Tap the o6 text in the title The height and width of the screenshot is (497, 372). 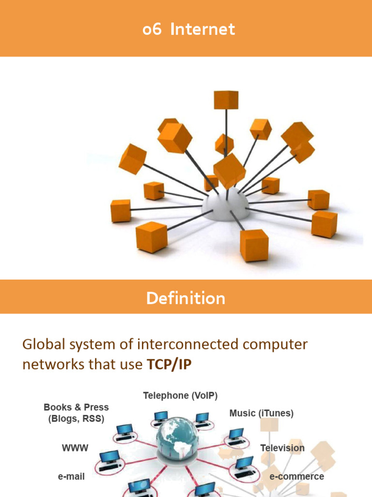pyautogui.click(x=152, y=30)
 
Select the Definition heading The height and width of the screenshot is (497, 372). pyautogui.click(x=186, y=298)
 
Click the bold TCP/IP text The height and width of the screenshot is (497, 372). pyautogui.click(x=169, y=364)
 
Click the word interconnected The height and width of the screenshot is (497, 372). pyautogui.click(x=186, y=345)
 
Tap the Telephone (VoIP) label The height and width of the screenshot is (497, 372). pyautogui.click(x=180, y=396)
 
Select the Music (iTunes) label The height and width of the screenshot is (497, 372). pyautogui.click(x=261, y=413)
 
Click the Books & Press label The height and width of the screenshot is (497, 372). pyautogui.click(x=76, y=407)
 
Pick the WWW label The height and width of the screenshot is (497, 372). pyautogui.click(x=75, y=448)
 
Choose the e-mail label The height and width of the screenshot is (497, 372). pyautogui.click(x=71, y=477)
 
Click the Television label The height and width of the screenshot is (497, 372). pyautogui.click(x=282, y=448)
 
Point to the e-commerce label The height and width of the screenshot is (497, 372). pyautogui.click(x=296, y=477)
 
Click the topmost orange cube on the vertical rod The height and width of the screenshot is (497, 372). pyautogui.click(x=226, y=100)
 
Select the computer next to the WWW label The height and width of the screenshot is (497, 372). pyautogui.click(x=109, y=459)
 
